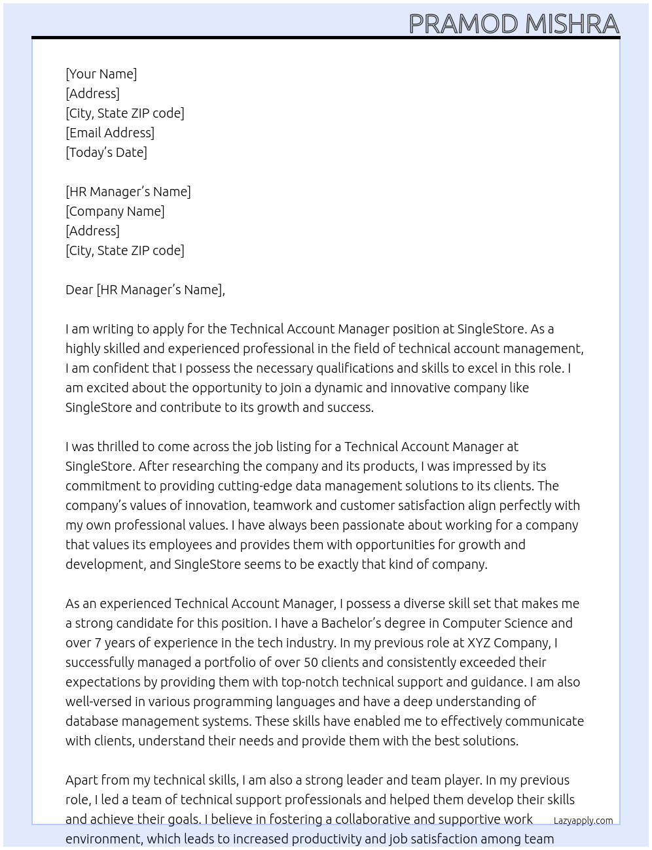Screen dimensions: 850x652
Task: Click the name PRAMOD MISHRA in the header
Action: [514, 24]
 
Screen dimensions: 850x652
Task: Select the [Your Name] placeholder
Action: [101, 74]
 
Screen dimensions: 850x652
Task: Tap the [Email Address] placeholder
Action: [110, 133]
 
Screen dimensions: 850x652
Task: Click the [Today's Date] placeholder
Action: [106, 152]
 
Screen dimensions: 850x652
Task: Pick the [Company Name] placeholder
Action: [115, 211]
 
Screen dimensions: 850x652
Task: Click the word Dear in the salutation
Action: [79, 290]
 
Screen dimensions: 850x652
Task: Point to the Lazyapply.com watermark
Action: [583, 821]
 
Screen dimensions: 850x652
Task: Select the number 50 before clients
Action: [311, 662]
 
